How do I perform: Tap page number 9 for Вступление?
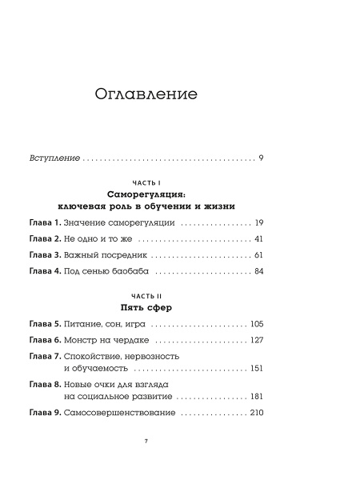[262, 158]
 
